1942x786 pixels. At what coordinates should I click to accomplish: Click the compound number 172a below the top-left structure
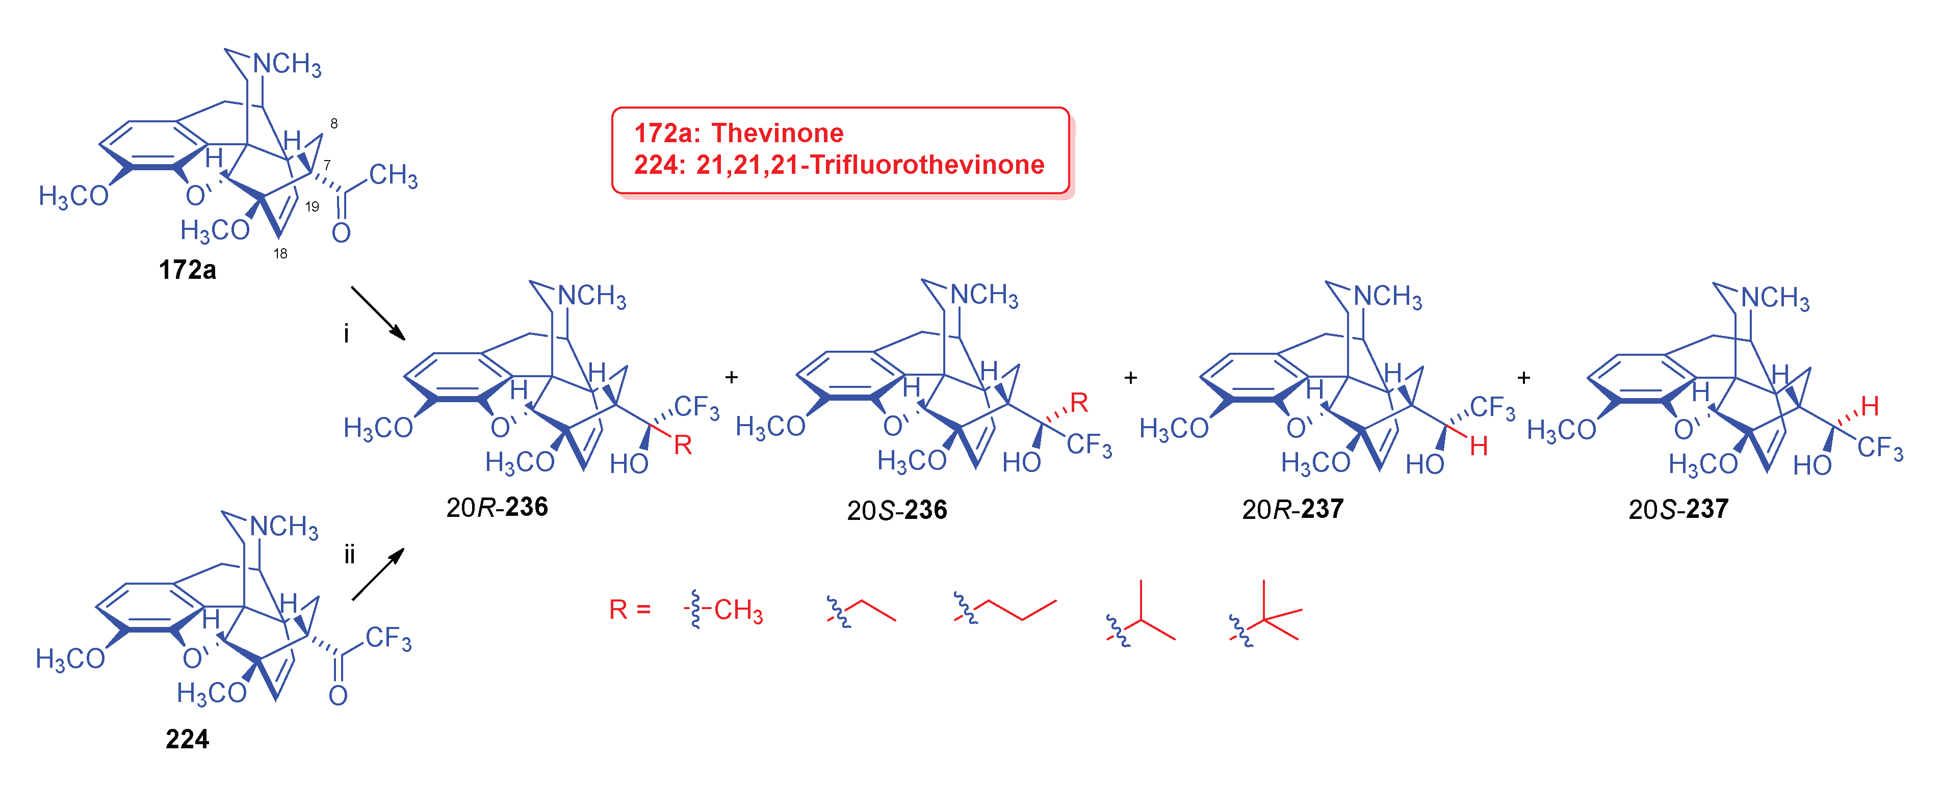[x=187, y=270]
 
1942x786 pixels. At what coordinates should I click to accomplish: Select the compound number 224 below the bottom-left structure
[x=187, y=739]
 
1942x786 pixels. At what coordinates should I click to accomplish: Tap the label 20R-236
[x=497, y=507]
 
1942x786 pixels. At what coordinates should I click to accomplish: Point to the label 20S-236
[x=896, y=510]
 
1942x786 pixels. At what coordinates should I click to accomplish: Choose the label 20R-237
[x=1292, y=509]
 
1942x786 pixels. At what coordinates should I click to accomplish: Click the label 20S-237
[x=1678, y=509]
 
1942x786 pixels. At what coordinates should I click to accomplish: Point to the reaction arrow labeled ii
[x=378, y=574]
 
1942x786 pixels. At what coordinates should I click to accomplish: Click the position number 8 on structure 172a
[x=334, y=123]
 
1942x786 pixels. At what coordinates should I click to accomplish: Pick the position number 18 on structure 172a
[x=280, y=254]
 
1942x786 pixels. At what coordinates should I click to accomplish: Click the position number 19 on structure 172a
[x=312, y=206]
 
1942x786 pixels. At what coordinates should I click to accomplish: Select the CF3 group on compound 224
[x=389, y=639]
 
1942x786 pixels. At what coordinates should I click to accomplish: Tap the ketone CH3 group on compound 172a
[x=393, y=175]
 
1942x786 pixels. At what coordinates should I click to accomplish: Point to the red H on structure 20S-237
[x=1869, y=406]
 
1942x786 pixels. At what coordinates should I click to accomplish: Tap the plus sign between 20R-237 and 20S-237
[x=1523, y=378]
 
